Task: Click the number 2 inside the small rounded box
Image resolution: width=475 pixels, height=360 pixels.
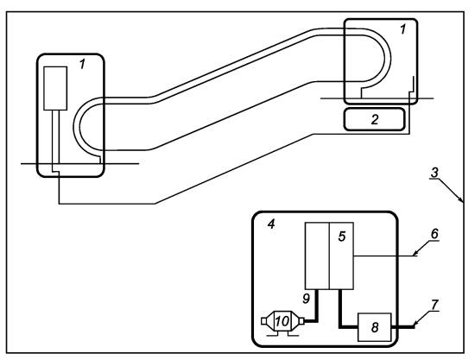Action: (x=375, y=120)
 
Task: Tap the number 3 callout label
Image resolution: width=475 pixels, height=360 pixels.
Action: (x=434, y=173)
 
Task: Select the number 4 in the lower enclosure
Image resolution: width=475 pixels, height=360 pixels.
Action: (x=271, y=224)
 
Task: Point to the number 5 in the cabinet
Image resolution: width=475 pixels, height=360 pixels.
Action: (x=342, y=237)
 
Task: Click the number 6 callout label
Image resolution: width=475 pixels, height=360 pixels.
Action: (x=434, y=234)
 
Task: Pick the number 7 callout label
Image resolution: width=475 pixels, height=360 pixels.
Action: (x=434, y=305)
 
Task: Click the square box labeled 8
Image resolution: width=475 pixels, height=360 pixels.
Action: (x=375, y=327)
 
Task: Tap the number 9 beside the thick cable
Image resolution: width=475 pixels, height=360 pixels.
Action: (x=307, y=299)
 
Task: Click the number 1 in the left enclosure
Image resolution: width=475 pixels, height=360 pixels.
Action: (x=82, y=64)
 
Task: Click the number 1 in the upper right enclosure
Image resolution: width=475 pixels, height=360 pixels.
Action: (x=402, y=29)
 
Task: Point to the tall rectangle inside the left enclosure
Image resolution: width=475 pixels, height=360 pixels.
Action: (x=55, y=88)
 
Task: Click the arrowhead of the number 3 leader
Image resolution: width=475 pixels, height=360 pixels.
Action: (x=461, y=199)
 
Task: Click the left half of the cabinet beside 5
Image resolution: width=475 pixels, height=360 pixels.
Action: (x=317, y=256)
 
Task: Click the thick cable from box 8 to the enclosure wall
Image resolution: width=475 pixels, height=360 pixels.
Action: (x=403, y=327)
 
